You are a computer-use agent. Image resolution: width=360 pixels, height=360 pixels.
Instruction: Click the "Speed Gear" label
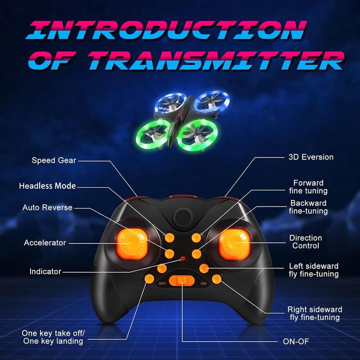click(x=54, y=160)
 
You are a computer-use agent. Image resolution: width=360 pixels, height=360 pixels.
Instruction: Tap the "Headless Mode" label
click(x=47, y=186)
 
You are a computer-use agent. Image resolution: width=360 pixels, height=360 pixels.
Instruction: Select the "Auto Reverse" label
click(x=48, y=207)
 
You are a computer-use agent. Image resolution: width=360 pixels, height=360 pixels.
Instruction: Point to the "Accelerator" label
click(x=45, y=243)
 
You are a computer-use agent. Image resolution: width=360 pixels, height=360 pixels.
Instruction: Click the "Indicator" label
click(x=45, y=271)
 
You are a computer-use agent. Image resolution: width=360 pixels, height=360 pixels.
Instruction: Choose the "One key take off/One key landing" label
click(x=53, y=337)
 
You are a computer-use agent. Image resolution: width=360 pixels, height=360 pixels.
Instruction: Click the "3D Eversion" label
click(x=311, y=157)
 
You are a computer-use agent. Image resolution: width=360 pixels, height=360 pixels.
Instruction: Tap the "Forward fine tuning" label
click(x=308, y=187)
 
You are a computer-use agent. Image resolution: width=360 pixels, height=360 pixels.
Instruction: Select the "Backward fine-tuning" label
click(x=308, y=207)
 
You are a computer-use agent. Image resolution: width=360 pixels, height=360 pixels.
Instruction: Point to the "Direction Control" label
click(x=306, y=242)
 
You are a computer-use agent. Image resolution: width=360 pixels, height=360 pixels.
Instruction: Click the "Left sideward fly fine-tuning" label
click(x=314, y=270)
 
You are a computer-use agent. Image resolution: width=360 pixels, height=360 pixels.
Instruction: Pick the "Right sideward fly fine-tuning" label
click(x=315, y=314)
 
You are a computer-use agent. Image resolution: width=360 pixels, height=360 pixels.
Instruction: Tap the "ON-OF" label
click(x=296, y=341)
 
